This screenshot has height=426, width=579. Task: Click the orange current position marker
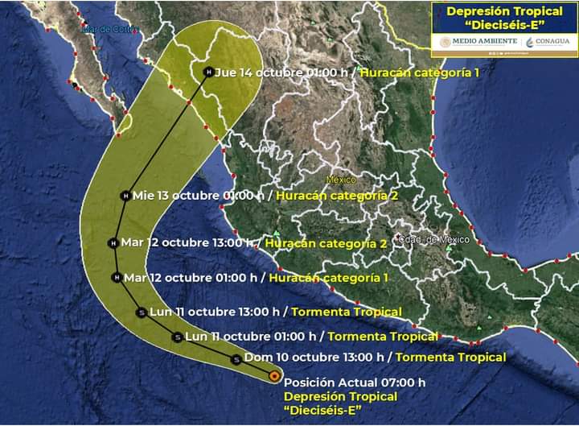point(274,375)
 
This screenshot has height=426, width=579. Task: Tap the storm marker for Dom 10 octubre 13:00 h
point(235,359)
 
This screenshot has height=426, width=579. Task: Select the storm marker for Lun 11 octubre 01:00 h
point(177,337)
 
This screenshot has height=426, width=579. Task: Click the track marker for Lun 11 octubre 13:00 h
point(142,312)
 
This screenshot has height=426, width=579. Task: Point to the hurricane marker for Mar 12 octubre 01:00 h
point(117,278)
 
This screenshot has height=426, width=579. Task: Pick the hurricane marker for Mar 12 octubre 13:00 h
point(113,242)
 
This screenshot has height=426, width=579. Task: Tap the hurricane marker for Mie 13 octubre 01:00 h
point(125,196)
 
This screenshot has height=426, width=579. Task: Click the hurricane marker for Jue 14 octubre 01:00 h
point(208,72)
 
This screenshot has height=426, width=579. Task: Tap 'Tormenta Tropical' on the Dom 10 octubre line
point(451,358)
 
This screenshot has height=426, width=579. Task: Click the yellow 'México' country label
point(341,180)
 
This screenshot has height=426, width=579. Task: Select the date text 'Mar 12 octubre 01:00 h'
point(191,278)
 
